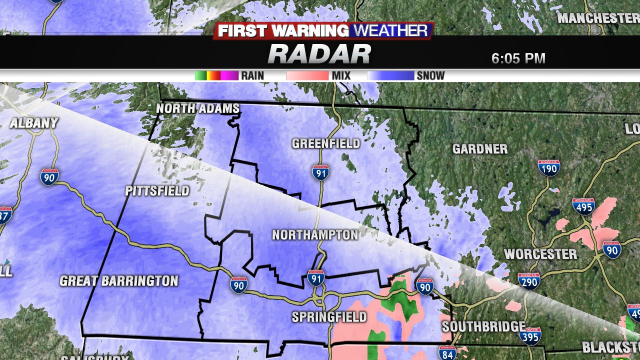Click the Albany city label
tap(34, 123)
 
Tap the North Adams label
tap(197, 108)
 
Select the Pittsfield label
tap(157, 191)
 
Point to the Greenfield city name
tap(326, 144)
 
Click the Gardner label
tap(480, 149)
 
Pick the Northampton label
tap(315, 234)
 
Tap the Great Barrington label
tap(119, 281)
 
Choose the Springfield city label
tap(329, 317)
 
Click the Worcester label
tap(540, 254)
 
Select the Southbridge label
tap(483, 327)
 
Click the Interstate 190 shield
tap(549, 167)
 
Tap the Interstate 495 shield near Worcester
tap(583, 206)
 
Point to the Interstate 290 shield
tap(528, 281)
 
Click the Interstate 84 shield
tap(447, 353)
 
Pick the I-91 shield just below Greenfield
tap(320, 172)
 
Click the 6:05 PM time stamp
tap(518, 58)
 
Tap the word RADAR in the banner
tap(319, 54)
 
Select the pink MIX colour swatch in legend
tap(307, 76)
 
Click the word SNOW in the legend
tap(430, 76)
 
